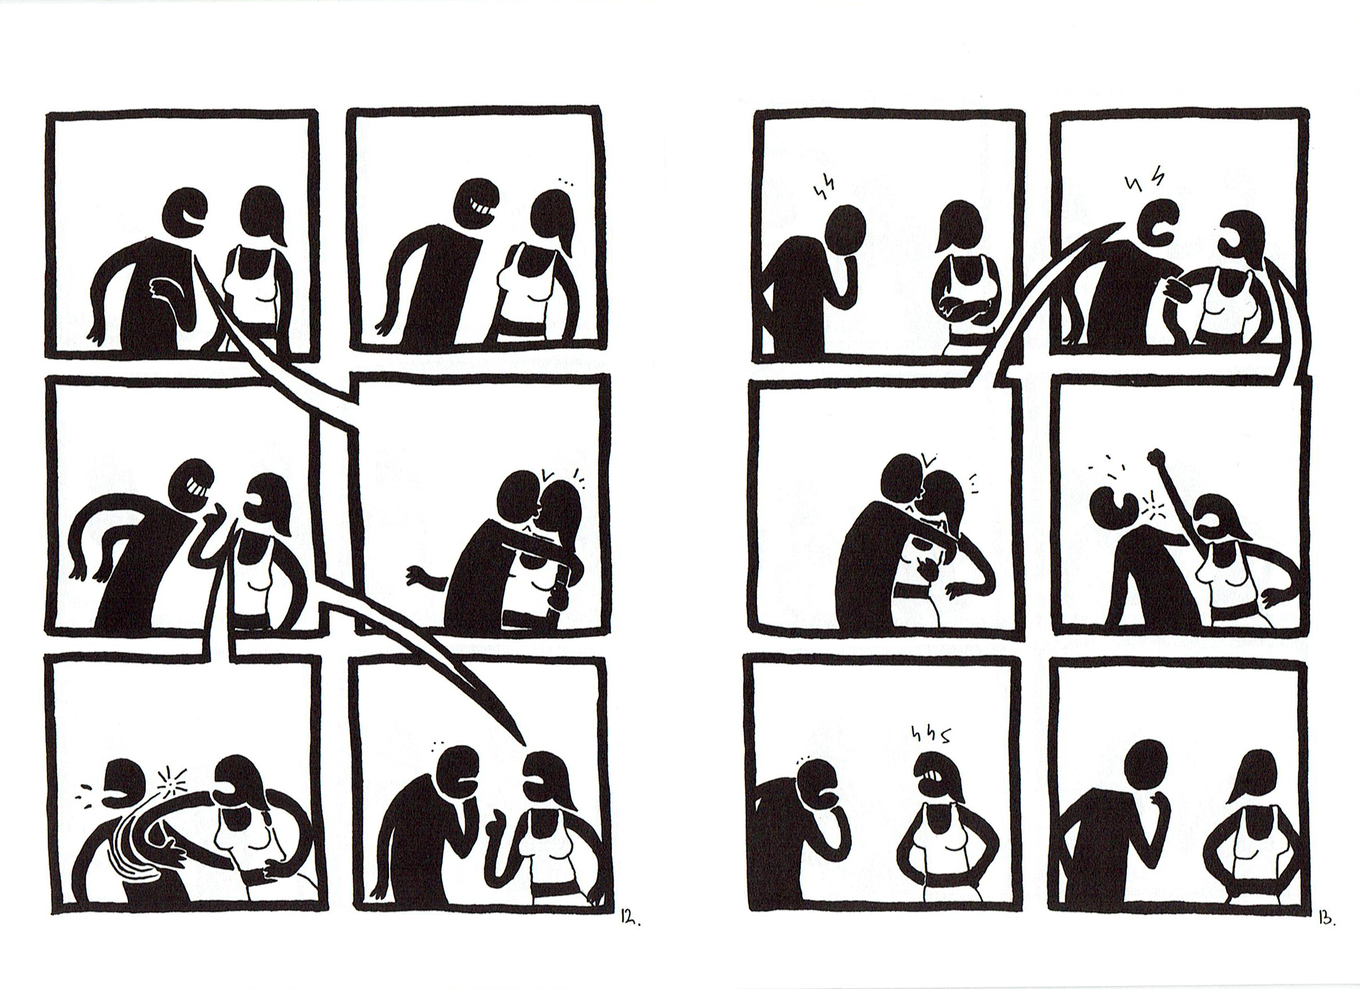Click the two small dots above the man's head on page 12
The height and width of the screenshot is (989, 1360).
pos(437,743)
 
